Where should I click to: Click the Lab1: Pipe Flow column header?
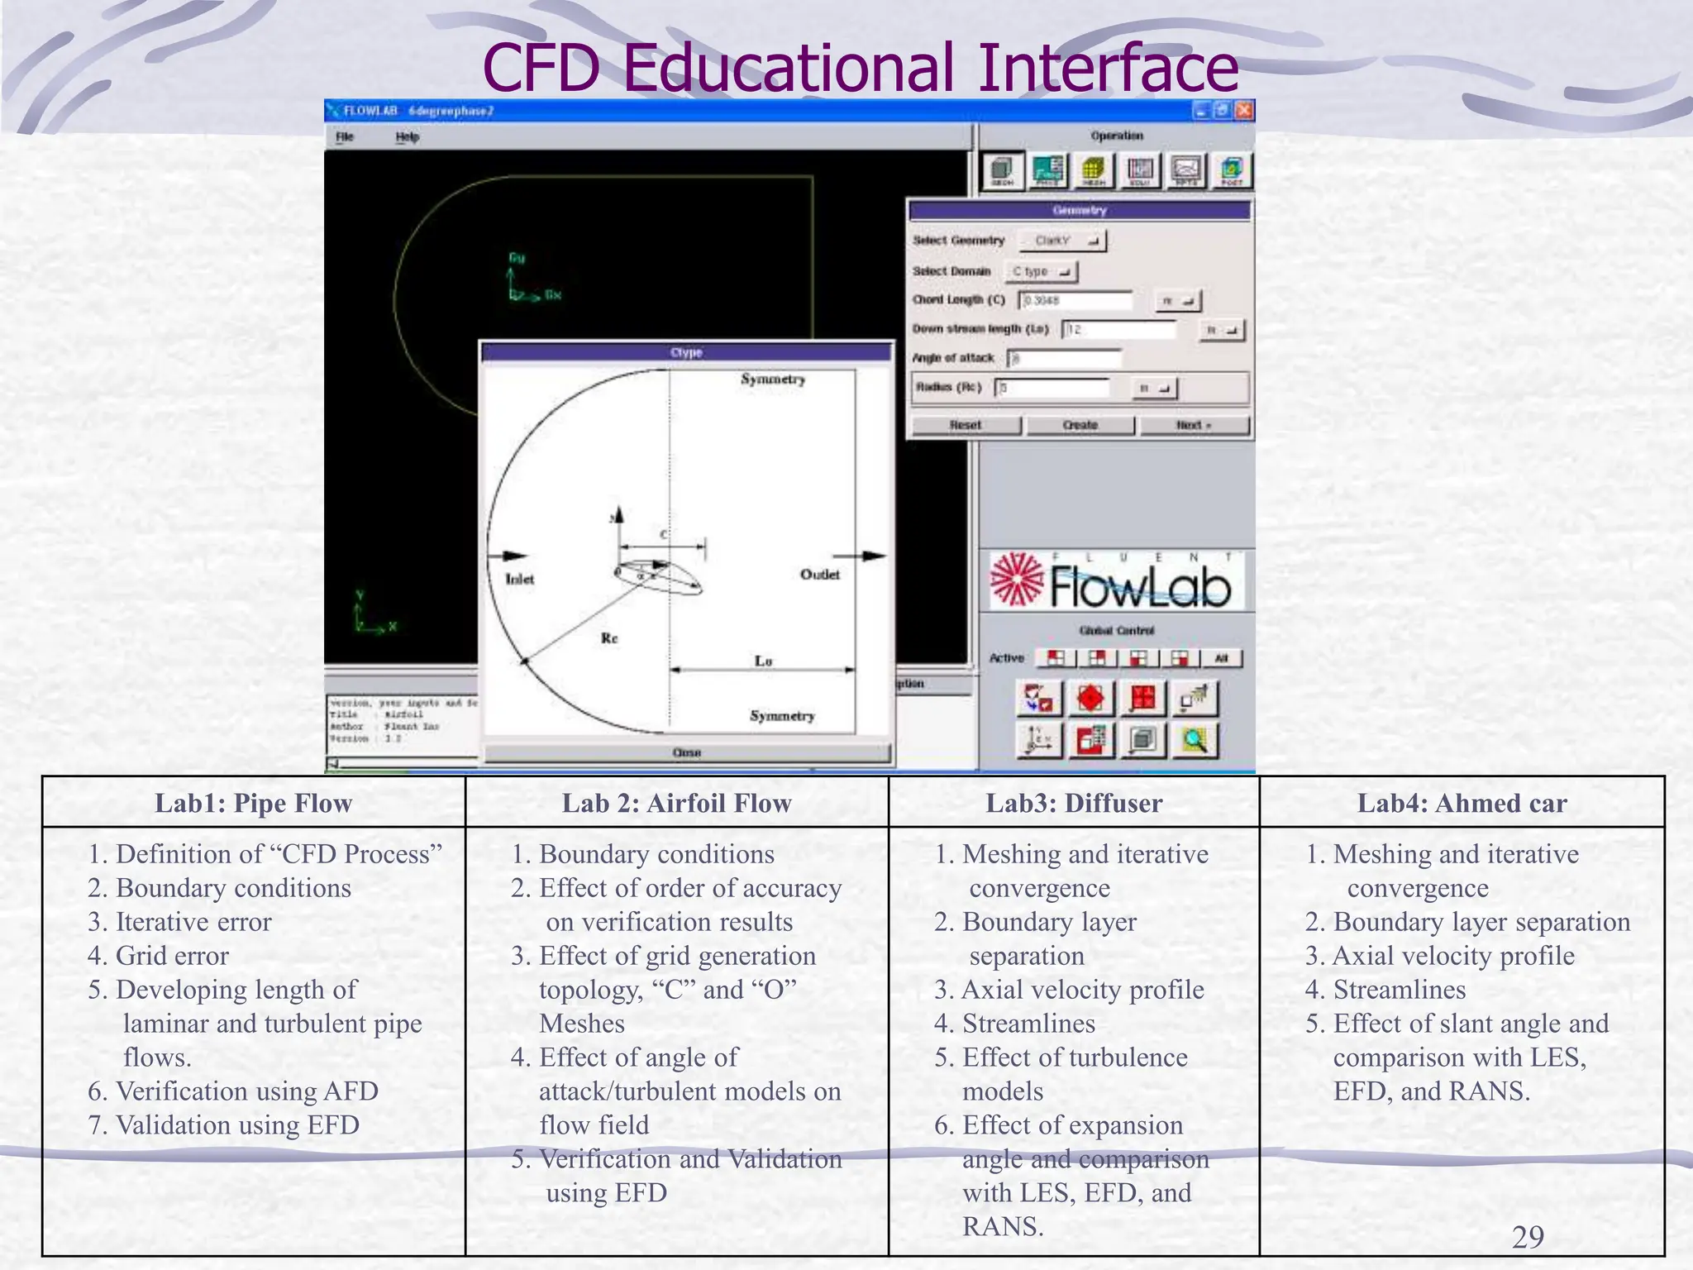pyautogui.click(x=253, y=803)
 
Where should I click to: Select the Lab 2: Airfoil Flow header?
pyautogui.click(x=676, y=803)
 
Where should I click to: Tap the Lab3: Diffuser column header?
pyautogui.click(x=1074, y=803)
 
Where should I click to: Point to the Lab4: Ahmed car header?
pyautogui.click(x=1462, y=803)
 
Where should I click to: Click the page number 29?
pyautogui.click(x=1528, y=1237)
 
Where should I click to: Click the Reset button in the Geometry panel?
pyautogui.click(x=966, y=425)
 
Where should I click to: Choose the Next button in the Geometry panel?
pyautogui.click(x=1194, y=425)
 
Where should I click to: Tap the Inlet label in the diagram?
pyautogui.click(x=520, y=580)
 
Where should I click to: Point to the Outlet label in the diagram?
pyautogui.click(x=819, y=575)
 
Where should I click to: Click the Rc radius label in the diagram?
pyautogui.click(x=609, y=638)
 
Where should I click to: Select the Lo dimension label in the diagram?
pyautogui.click(x=763, y=661)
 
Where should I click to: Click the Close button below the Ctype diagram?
pyautogui.click(x=687, y=752)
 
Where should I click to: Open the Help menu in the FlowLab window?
pyautogui.click(x=408, y=137)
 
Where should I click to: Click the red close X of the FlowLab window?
pyautogui.click(x=1244, y=111)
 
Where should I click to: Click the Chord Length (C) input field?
pyautogui.click(x=1075, y=300)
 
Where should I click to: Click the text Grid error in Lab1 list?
pyautogui.click(x=172, y=956)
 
